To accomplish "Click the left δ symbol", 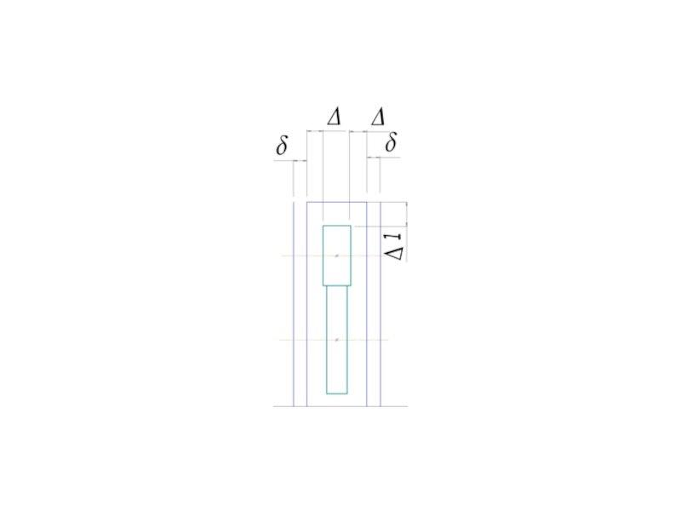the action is [282, 145].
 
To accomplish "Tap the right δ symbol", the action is [391, 142].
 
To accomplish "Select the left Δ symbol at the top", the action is [334, 117].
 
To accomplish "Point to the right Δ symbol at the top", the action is [378, 117].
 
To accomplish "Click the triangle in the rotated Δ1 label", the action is [394, 253].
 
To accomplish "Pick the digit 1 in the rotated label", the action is [393, 238].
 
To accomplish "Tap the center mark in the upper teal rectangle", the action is [336, 255].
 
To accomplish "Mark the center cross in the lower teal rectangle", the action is [337, 340].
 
